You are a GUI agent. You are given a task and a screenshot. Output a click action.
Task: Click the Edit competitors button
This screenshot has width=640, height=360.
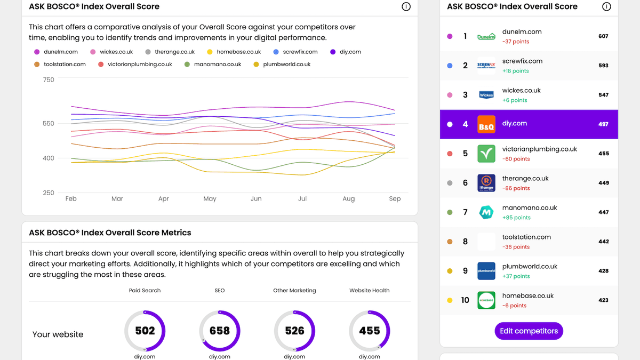coord(529,331)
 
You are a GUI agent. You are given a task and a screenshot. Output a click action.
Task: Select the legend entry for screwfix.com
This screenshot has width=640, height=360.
coord(295,52)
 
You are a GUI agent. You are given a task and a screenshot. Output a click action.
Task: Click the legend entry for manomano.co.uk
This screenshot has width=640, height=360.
coord(213,64)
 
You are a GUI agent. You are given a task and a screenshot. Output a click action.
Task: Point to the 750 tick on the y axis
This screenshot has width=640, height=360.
coord(49,80)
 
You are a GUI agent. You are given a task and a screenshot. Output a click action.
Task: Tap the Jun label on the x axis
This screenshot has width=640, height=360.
coord(256,198)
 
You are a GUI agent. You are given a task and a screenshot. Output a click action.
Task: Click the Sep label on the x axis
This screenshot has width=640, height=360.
coord(395,198)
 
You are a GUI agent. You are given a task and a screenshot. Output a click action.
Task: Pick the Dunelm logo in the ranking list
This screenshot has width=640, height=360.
coord(486,36)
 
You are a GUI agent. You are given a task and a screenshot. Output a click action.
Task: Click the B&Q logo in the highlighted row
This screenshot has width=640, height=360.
coord(486,124)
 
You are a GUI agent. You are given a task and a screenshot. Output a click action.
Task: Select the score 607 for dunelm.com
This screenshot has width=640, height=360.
coord(603,36)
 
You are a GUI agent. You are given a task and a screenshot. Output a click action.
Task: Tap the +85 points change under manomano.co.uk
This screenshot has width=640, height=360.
coord(516,218)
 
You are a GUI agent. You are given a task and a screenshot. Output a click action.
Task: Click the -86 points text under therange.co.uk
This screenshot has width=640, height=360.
coord(516,188)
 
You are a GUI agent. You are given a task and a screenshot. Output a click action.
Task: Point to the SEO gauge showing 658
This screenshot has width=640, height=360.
coord(220,331)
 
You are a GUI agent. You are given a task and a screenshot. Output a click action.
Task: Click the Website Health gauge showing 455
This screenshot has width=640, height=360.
coord(369,331)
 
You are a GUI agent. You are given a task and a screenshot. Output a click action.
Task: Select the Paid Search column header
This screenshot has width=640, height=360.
coord(145,291)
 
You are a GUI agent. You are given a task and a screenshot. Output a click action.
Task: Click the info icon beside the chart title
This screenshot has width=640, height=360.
coord(406,7)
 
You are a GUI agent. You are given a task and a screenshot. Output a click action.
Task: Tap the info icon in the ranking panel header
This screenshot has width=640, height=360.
coord(606,7)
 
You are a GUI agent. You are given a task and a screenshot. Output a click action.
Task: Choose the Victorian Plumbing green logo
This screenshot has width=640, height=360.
coord(486,154)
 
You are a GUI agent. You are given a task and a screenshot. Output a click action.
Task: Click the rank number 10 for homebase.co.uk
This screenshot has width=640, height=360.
coord(465,300)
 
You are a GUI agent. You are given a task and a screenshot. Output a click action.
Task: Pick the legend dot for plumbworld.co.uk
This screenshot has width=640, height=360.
coord(256,64)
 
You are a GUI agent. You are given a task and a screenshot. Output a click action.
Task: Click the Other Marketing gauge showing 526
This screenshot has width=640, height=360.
coord(294,331)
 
